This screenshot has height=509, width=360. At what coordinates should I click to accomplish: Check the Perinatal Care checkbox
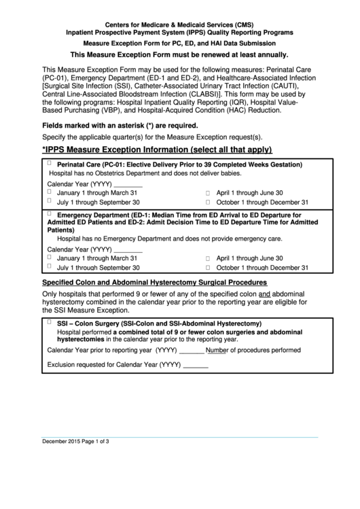[x=50, y=164]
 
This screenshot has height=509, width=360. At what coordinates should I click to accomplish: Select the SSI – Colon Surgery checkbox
[x=50, y=322]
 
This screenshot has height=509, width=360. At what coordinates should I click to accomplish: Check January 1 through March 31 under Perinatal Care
[x=50, y=192]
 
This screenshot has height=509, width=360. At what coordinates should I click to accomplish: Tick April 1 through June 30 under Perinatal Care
[x=208, y=193]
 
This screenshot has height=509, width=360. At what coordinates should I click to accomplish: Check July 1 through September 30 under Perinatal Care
[x=50, y=202]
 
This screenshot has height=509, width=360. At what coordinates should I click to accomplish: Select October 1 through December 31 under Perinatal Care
[x=208, y=203]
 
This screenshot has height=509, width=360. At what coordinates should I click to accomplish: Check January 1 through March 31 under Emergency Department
[x=50, y=258]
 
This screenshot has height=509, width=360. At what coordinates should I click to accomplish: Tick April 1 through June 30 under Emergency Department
[x=208, y=259]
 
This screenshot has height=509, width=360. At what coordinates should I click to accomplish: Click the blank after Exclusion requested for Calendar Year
[x=196, y=365]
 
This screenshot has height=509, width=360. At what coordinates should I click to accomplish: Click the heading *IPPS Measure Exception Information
[x=157, y=150]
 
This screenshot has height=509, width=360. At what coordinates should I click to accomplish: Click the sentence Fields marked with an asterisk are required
[x=120, y=125]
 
